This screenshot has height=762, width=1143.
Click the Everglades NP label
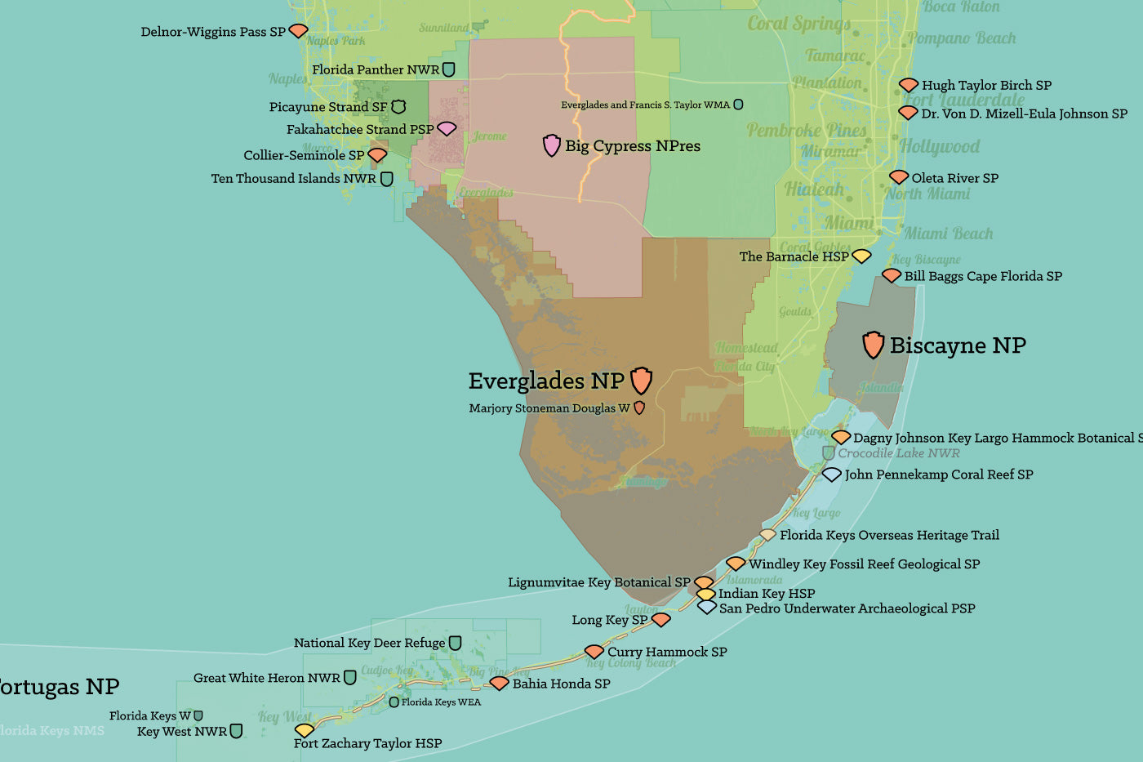pos(545,381)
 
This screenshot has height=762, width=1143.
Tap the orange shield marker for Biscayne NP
pos(873,345)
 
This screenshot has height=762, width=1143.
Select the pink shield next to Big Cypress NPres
pos(552,145)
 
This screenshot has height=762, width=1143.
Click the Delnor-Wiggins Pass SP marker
pos(299,31)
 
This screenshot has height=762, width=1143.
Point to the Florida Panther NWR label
pos(375,70)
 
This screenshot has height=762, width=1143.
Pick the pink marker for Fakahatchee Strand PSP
pos(447,128)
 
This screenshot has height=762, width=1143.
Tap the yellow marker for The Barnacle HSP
pos(861,256)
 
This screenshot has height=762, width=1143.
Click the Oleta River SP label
pos(954,178)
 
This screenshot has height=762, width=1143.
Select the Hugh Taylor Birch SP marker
pos(909,85)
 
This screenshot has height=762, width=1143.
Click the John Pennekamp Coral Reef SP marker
pos(831,475)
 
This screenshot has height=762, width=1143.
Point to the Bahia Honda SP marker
pos(499,683)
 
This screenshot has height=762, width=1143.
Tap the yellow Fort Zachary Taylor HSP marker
pos(304,729)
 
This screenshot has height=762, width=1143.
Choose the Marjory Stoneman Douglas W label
pos(549,408)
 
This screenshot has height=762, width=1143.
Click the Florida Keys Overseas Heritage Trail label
pos(889,536)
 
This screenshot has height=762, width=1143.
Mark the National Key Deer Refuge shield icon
pos(456,644)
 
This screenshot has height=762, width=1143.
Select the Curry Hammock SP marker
pos(594,652)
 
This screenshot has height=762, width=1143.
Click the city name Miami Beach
pos(948,234)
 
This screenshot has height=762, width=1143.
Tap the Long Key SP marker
pos(660,620)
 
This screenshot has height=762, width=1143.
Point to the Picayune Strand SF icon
pos(398,107)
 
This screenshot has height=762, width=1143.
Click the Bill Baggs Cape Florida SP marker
pos(892,276)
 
